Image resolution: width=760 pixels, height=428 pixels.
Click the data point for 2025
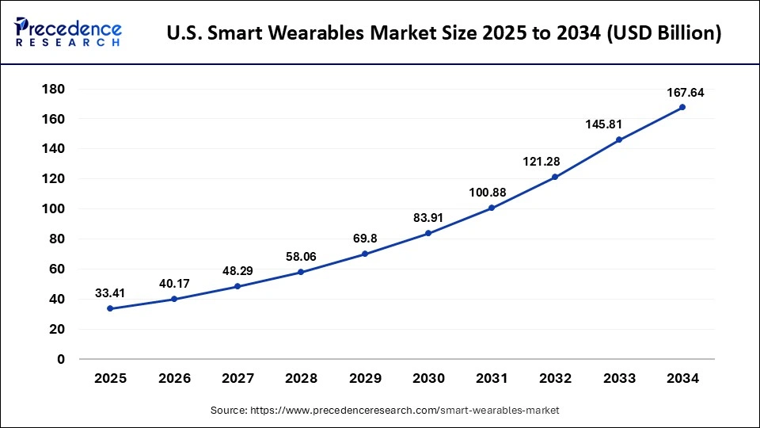coord(110,308)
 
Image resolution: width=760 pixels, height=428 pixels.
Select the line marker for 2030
coord(428,233)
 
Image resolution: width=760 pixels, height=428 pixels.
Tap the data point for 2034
coord(682,107)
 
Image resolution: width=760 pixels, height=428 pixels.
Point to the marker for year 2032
coord(555,177)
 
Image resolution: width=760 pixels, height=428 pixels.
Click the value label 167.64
coord(684,93)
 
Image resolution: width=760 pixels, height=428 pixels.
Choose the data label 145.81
coord(617,124)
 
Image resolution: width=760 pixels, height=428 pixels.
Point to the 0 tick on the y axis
coord(60,359)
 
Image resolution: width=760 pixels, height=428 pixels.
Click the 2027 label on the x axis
coord(237,379)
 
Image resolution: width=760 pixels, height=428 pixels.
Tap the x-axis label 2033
coord(619,379)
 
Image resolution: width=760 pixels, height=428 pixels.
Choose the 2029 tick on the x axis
coord(365,379)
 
